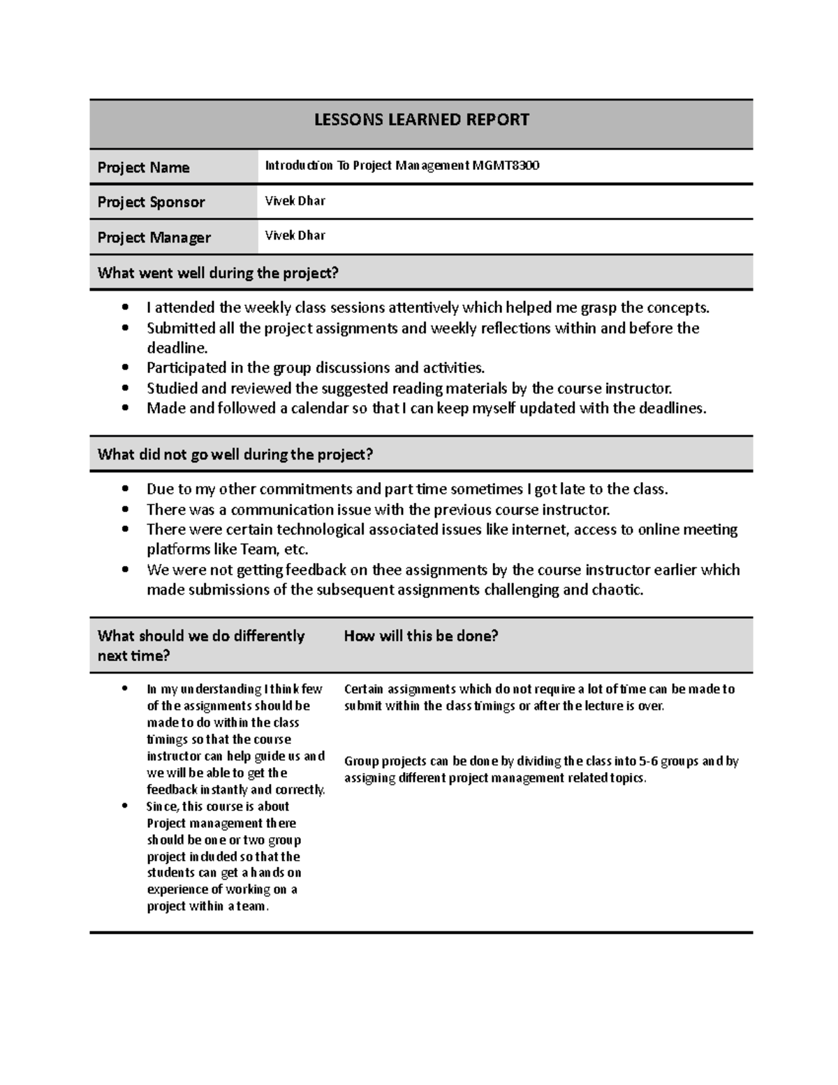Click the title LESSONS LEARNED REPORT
coord(421,120)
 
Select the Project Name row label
coord(143,168)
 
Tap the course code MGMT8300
coord(506,166)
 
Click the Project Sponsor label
coord(151,203)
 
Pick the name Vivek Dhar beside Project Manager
coord(295,235)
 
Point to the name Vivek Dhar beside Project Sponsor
coord(295,201)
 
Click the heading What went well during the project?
coord(218,273)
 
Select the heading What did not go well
coord(235,455)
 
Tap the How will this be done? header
coord(420,636)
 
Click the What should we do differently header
coord(201,636)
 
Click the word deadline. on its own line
coord(177,348)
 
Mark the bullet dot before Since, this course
coord(125,806)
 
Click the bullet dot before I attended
coord(125,308)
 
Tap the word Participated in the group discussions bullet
coord(186,368)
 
